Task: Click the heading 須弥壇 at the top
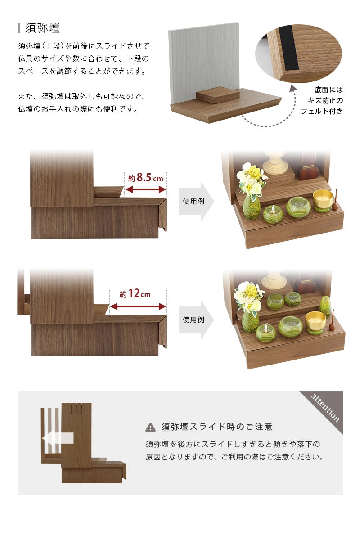click(43, 28)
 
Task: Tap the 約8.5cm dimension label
click(145, 178)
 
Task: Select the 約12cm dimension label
click(135, 294)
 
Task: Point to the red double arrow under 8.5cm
click(145, 190)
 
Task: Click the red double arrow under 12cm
click(138, 306)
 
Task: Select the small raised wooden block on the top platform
click(218, 94)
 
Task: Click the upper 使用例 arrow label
click(194, 201)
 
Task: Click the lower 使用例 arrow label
click(194, 319)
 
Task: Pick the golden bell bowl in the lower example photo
click(315, 321)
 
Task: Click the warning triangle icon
click(151, 427)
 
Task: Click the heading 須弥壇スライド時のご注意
click(217, 427)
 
